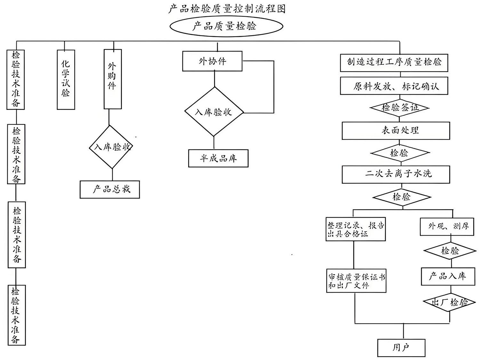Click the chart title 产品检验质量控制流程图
[x=227, y=8]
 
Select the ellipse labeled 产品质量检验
[x=226, y=27]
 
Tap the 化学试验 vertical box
[x=66, y=79]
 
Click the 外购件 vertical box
[x=112, y=79]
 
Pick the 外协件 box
[x=212, y=61]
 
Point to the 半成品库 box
[x=218, y=158]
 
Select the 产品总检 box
[x=110, y=189]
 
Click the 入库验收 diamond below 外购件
[x=111, y=147]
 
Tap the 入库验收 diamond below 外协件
[x=214, y=112]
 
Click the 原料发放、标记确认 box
[x=394, y=86]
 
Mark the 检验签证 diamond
[x=399, y=108]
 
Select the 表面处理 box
[x=396, y=130]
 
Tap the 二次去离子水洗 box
[x=396, y=174]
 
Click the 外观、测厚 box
[x=447, y=227]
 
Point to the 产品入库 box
[x=447, y=276]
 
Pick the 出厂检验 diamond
[x=449, y=302]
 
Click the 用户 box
[x=401, y=348]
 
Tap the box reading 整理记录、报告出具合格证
[x=356, y=229]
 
